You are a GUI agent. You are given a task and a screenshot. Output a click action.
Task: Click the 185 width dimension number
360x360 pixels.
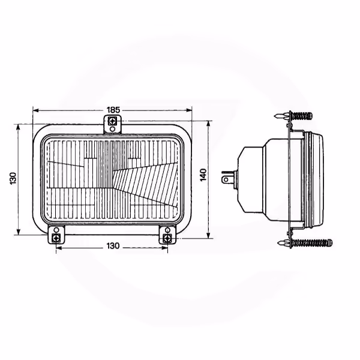(x=113, y=110)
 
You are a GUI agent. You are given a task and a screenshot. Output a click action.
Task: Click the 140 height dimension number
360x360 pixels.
(x=203, y=175)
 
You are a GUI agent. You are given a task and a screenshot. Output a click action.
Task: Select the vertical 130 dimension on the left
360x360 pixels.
(x=13, y=178)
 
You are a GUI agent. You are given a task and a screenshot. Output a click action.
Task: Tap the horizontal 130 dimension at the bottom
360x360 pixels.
(x=113, y=246)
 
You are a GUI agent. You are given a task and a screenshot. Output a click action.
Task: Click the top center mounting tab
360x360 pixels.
(x=113, y=124)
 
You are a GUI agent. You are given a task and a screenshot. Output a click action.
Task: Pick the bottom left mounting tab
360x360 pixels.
(x=56, y=235)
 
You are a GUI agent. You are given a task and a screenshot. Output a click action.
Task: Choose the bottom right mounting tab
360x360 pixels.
(x=167, y=235)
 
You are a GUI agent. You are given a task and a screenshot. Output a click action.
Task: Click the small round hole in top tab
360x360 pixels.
(x=113, y=129)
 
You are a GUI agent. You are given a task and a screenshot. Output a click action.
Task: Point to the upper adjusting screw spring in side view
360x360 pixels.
(x=302, y=116)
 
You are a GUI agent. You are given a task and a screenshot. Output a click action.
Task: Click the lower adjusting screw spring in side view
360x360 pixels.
(x=312, y=242)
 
